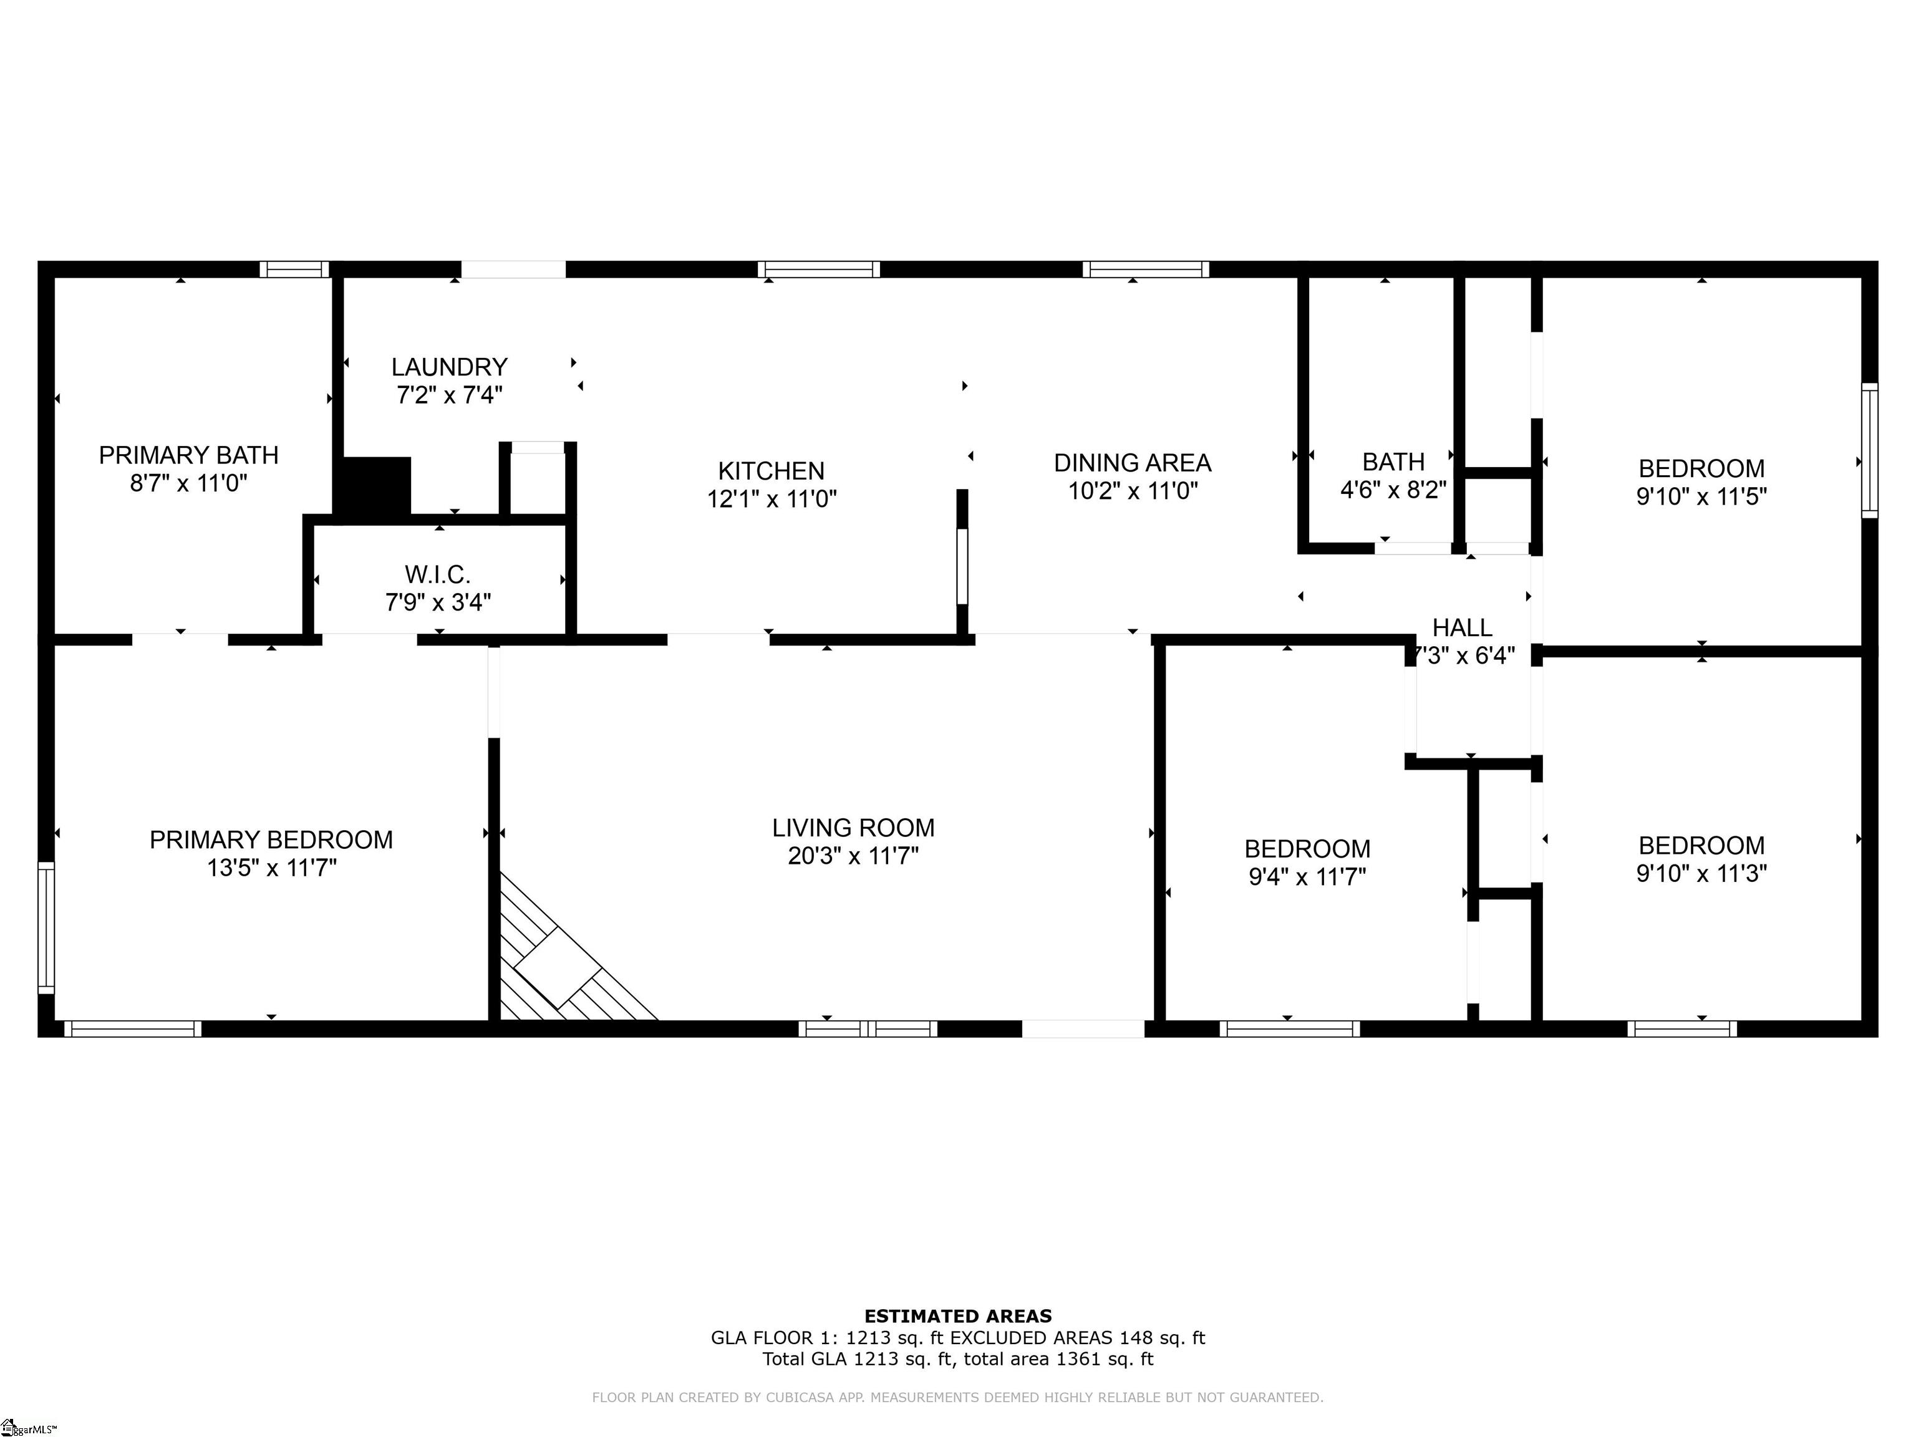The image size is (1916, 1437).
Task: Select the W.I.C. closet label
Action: [437, 574]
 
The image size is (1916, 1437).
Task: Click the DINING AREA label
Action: [1132, 463]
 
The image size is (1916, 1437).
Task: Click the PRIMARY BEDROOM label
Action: [271, 839]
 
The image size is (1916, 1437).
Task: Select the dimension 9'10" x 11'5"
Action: [1701, 496]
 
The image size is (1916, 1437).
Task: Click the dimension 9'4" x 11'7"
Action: [1307, 876]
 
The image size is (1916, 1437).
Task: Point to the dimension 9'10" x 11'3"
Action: [1701, 873]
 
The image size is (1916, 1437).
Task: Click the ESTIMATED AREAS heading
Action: [958, 1317]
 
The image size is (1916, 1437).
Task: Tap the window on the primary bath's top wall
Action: [294, 269]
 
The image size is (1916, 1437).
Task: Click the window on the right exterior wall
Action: [1869, 450]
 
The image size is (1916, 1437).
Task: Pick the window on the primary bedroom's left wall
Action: [46, 927]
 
